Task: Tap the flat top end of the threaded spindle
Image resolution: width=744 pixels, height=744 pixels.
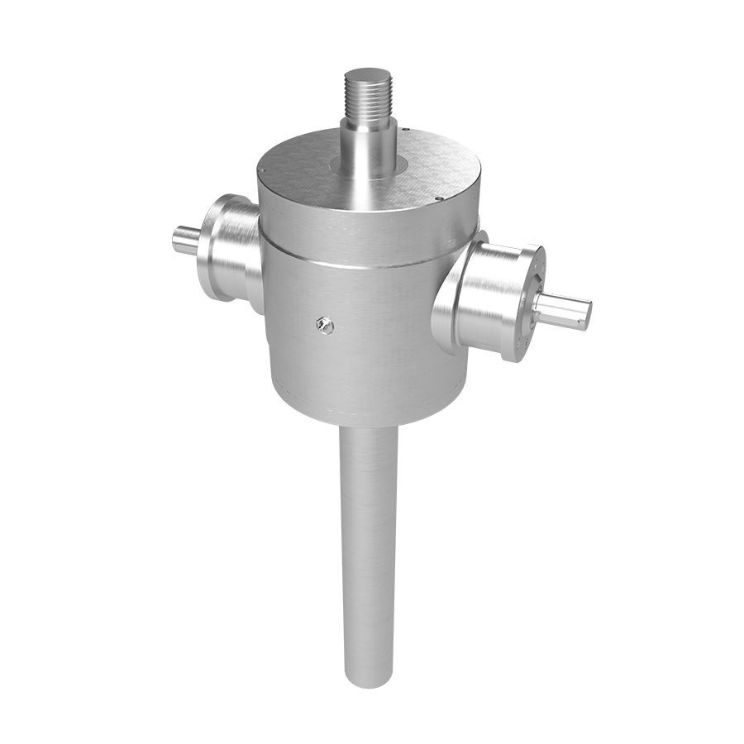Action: (x=367, y=73)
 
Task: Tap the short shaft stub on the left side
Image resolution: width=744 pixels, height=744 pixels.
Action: (x=185, y=240)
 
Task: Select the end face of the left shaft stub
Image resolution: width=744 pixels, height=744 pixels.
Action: (x=176, y=240)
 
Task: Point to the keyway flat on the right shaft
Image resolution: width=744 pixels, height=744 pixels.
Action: (x=562, y=301)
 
